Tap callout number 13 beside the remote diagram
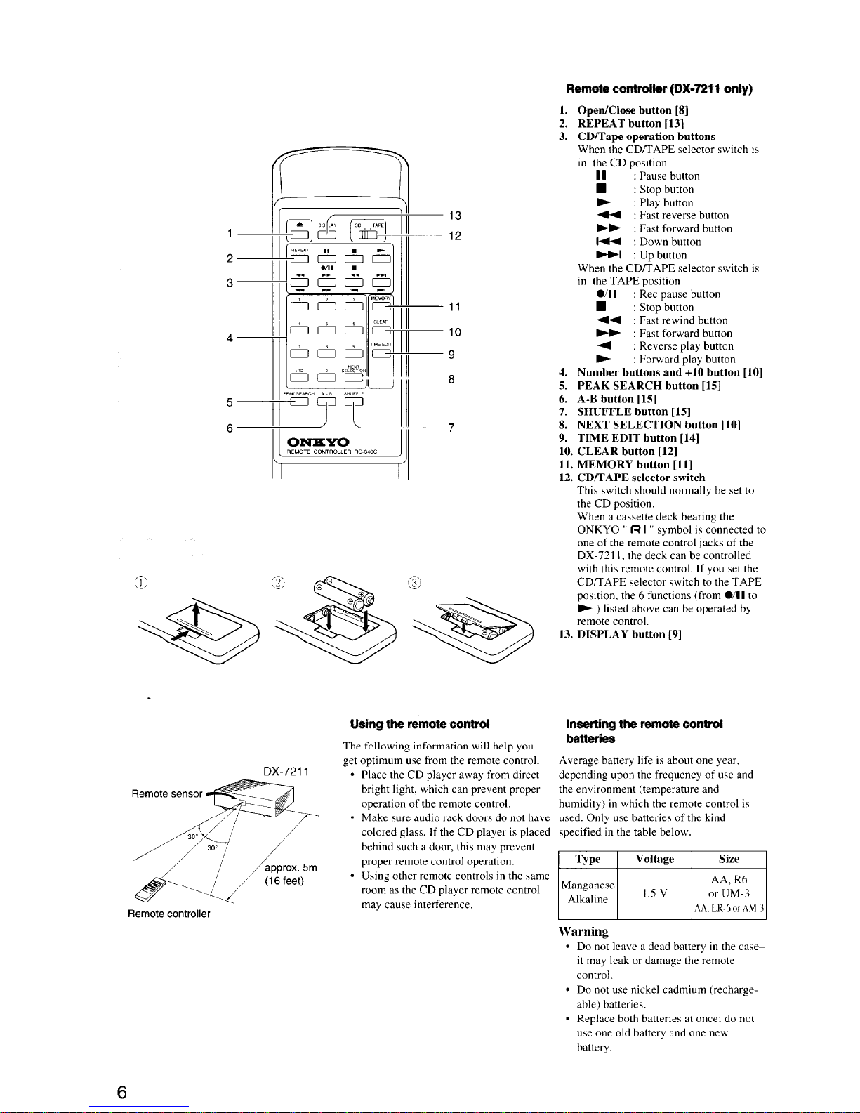pos(455,216)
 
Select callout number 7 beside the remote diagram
pos(451,428)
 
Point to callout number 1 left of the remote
pos(230,234)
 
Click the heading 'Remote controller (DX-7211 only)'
pos(659,89)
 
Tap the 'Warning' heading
pos(583,931)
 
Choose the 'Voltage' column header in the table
pos(654,859)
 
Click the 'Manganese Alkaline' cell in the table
pos(587,893)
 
